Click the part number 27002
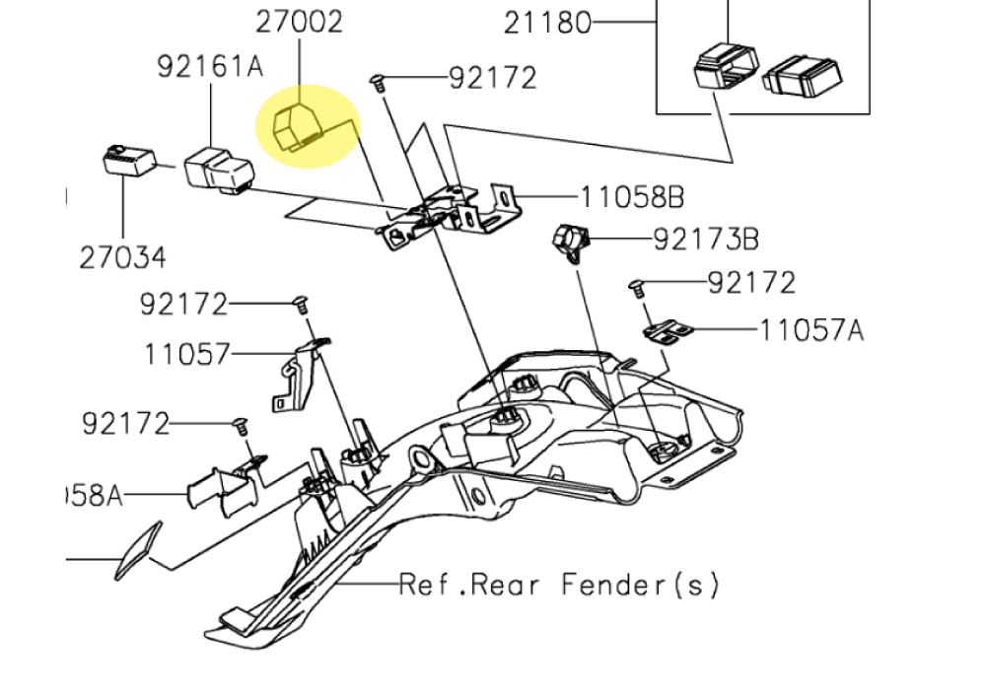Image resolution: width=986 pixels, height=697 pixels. (x=300, y=21)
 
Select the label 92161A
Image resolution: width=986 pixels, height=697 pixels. (x=210, y=66)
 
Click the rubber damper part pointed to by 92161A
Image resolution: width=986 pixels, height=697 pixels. (x=217, y=169)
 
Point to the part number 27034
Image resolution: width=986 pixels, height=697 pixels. (x=122, y=257)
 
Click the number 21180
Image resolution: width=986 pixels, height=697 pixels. (x=547, y=22)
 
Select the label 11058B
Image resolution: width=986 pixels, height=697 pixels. (x=631, y=197)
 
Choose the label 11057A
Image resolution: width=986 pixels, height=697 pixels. (x=810, y=329)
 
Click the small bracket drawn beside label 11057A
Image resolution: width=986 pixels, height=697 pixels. (x=669, y=331)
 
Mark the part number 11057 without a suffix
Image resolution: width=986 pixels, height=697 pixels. (x=186, y=353)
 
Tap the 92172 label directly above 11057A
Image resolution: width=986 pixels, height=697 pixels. (x=751, y=283)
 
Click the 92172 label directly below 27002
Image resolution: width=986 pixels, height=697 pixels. (x=492, y=77)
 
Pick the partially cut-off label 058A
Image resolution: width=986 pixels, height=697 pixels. (x=94, y=494)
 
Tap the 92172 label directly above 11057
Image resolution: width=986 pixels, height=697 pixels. (x=183, y=304)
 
